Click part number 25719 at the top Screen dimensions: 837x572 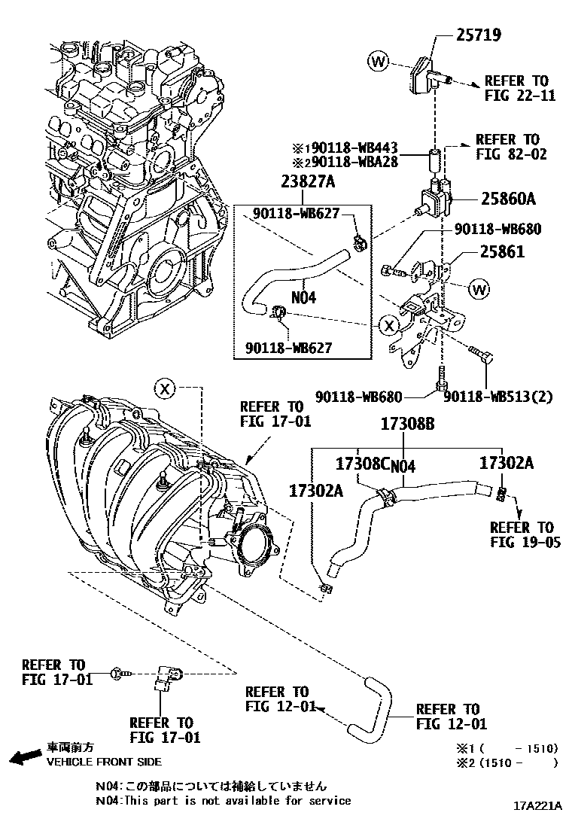pyautogui.click(x=479, y=35)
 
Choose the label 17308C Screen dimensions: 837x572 pyautogui.click(x=362, y=465)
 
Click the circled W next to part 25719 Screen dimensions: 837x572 pyautogui.click(x=379, y=61)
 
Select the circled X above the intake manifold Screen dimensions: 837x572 pyautogui.click(x=166, y=388)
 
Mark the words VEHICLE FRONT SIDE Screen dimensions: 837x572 pyautogui.click(x=104, y=762)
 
